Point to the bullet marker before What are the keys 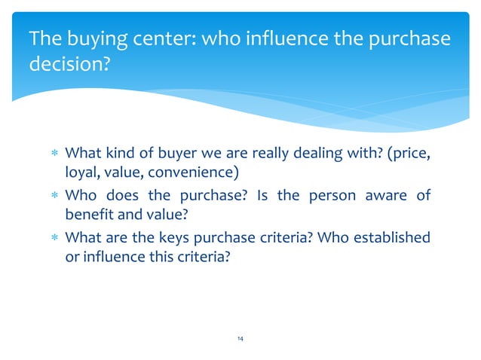(x=54, y=239)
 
